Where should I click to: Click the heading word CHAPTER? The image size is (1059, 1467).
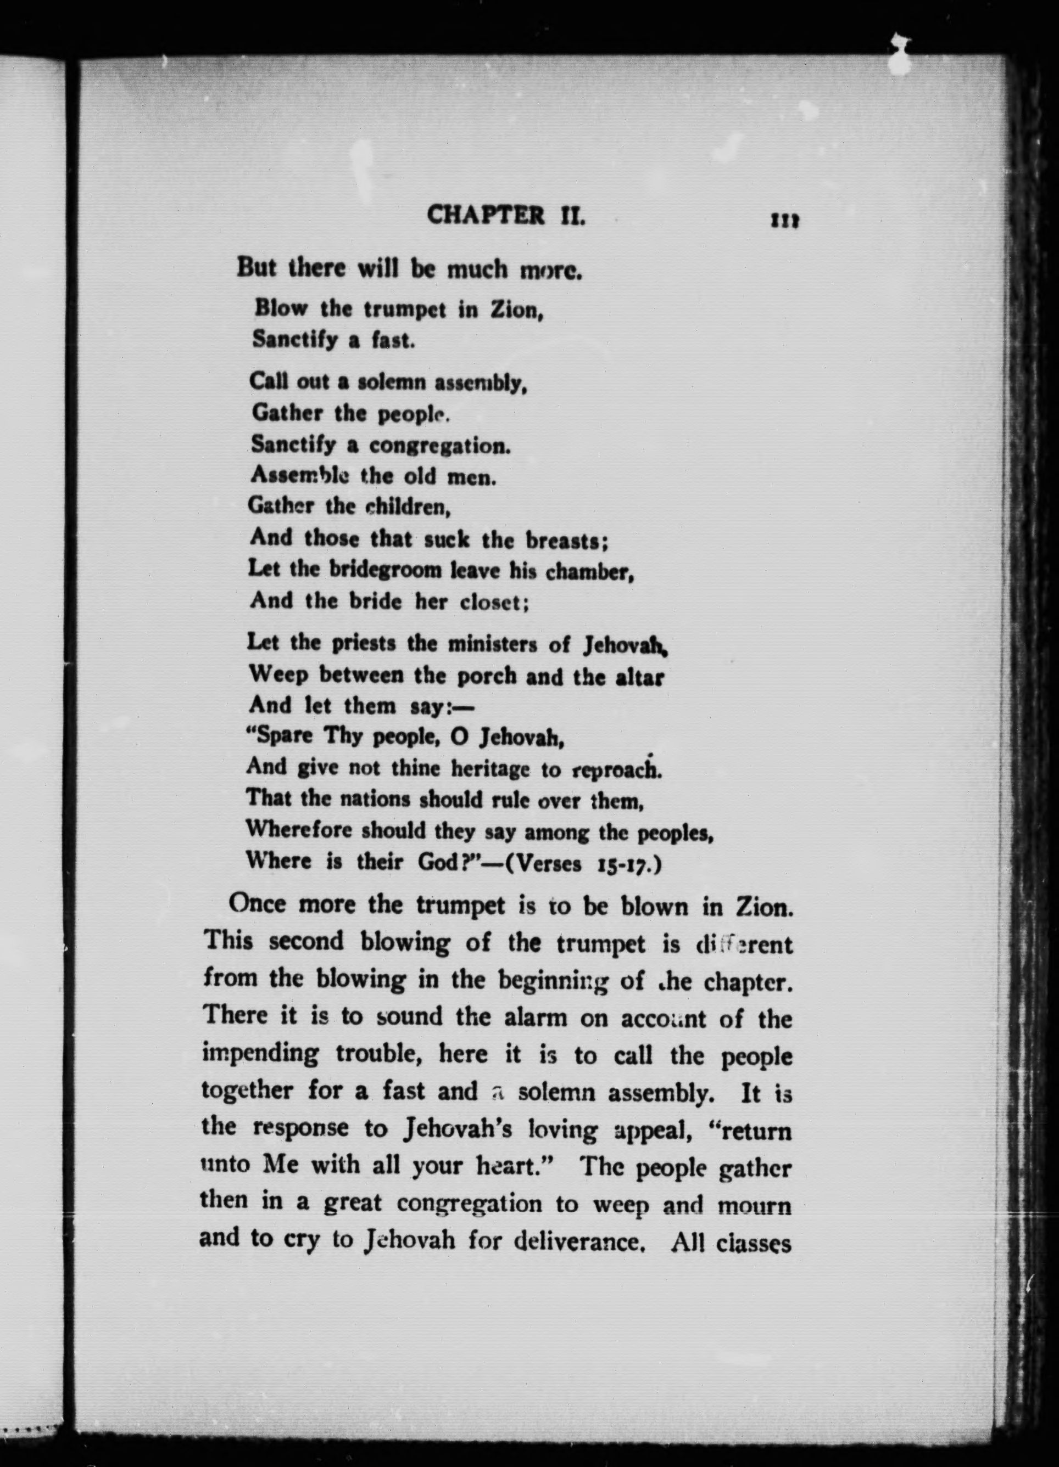pos(486,215)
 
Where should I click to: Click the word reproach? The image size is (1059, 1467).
pos(616,769)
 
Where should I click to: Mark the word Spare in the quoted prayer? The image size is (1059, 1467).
pos(282,737)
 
